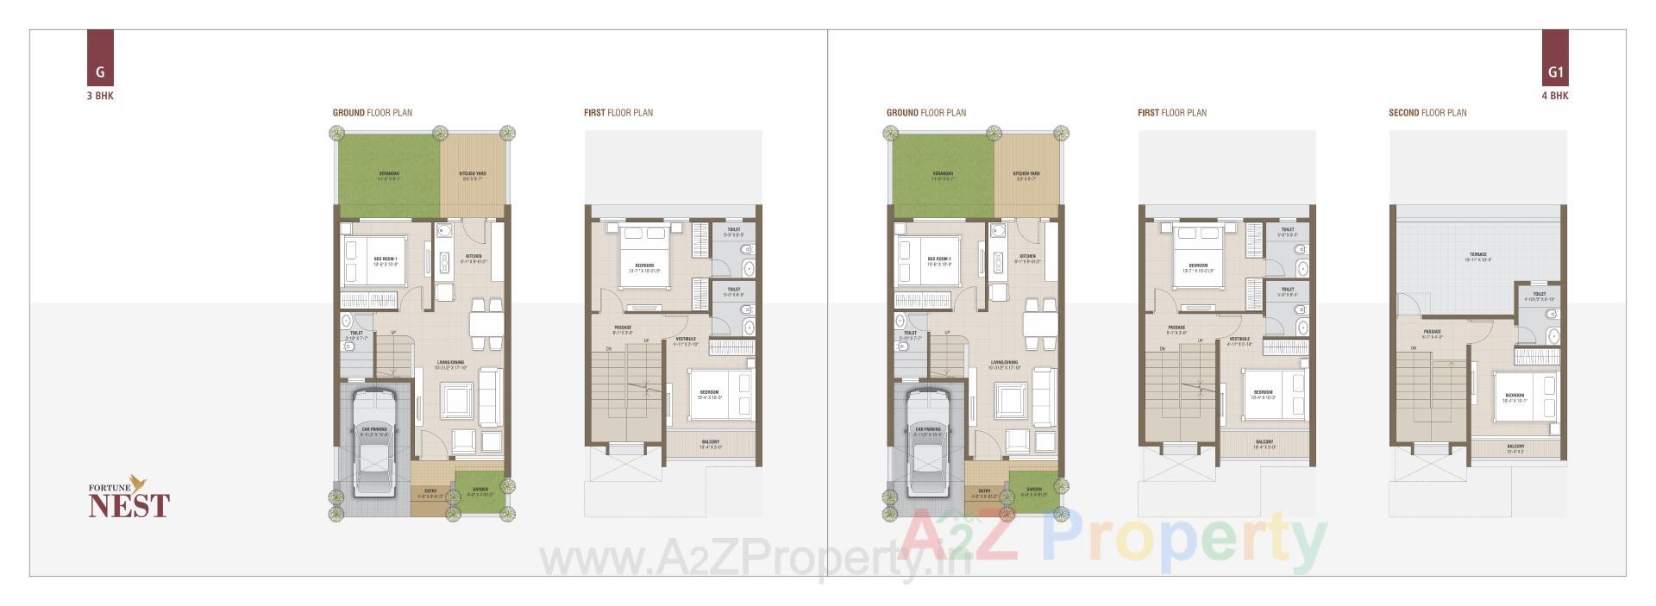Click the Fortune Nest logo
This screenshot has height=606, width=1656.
129,497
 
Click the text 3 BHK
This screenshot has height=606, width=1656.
100,96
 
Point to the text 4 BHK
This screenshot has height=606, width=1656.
1554,96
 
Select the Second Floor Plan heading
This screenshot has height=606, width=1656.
1427,113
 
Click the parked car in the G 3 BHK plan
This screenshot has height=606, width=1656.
373,446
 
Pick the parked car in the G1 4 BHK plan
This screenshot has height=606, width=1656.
927,446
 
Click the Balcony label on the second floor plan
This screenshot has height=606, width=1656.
1515,447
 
